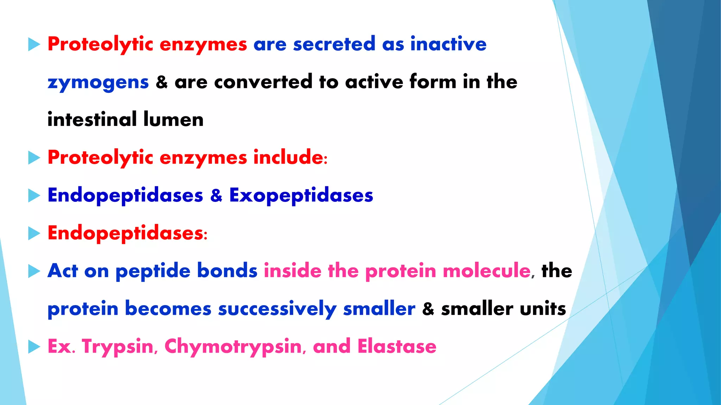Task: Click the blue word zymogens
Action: click(98, 83)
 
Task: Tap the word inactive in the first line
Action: click(448, 44)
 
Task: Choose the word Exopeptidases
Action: click(301, 195)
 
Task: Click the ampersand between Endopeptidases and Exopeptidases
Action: click(216, 195)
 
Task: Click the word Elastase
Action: click(397, 347)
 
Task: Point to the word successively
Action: click(277, 309)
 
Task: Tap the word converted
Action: click(263, 82)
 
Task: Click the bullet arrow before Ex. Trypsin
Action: click(34, 347)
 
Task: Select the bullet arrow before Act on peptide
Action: click(34, 271)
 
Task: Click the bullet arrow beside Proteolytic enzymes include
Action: click(34, 158)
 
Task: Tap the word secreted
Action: click(334, 44)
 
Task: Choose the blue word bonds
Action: click(227, 271)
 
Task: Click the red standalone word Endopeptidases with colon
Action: click(127, 233)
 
